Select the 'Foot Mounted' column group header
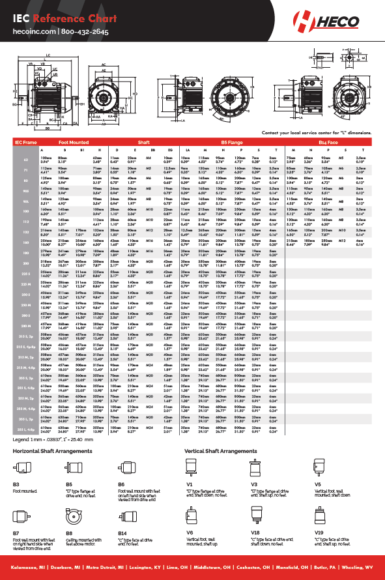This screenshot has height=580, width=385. tap(74, 141)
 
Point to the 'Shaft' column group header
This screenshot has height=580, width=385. tap(143, 141)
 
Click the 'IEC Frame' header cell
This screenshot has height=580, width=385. tap(27, 141)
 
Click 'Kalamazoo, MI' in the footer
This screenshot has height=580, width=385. tap(25, 569)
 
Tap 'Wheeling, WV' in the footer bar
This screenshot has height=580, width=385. tap(361, 569)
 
